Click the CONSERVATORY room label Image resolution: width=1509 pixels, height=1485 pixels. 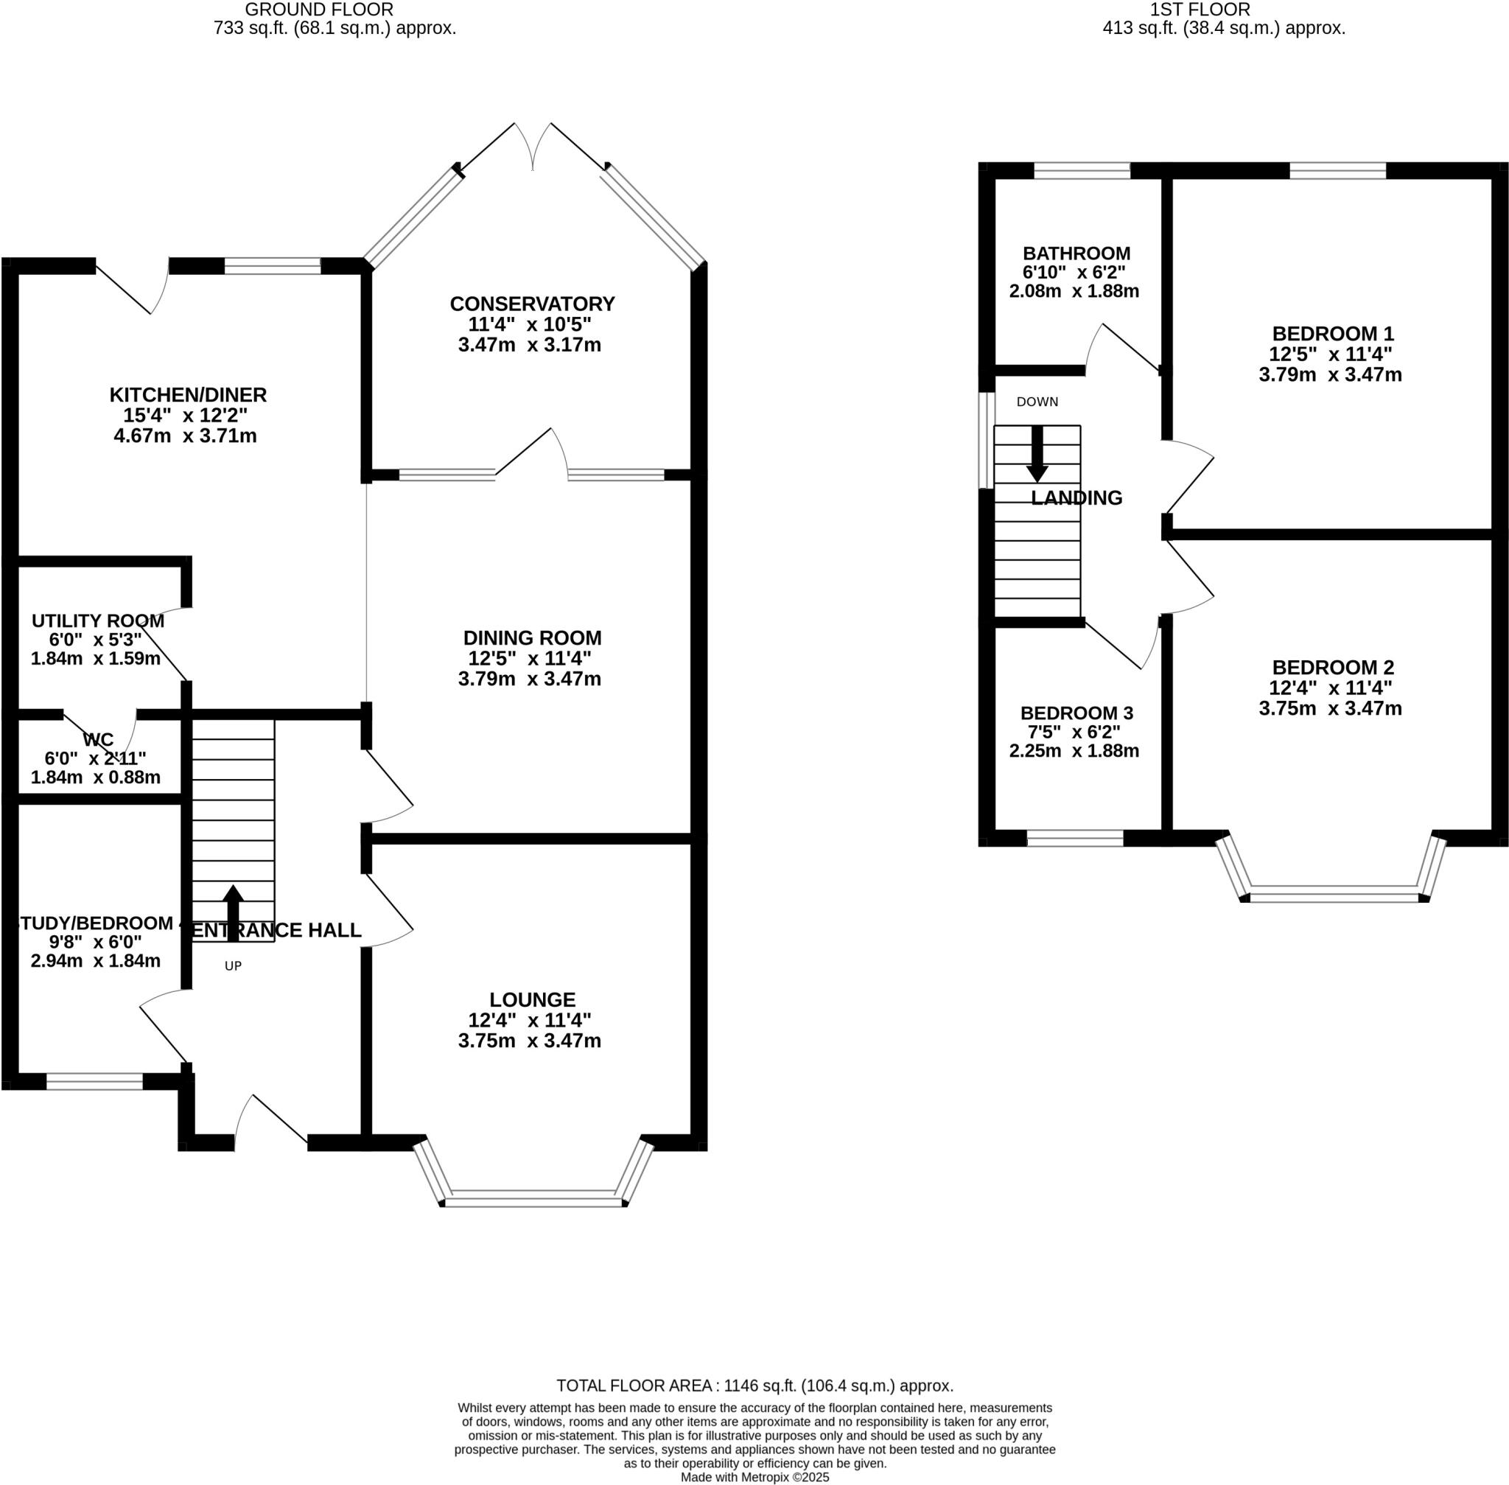(x=532, y=304)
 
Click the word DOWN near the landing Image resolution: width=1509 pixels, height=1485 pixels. (x=1037, y=402)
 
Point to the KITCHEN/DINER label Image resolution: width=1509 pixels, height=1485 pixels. (x=188, y=394)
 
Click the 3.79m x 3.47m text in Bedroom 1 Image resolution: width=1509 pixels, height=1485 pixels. (x=1330, y=374)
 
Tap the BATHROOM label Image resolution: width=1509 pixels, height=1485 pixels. (x=1076, y=254)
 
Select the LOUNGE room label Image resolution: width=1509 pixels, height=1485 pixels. (x=532, y=999)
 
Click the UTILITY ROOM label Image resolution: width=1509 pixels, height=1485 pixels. (x=97, y=621)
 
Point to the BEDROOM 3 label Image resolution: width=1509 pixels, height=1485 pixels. (x=1076, y=713)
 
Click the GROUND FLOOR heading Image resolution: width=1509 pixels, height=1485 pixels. (x=319, y=10)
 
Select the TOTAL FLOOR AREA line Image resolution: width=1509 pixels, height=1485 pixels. (x=754, y=1386)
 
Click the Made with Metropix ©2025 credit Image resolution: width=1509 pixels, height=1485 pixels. (x=754, y=1476)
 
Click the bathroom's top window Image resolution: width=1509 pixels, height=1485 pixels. (x=1082, y=170)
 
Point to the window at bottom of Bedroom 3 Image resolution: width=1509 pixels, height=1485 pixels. (x=1074, y=838)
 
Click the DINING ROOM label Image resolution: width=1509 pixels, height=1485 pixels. (x=532, y=637)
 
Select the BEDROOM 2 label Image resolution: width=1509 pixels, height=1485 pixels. (x=1333, y=667)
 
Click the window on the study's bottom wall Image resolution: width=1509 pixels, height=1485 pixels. (x=94, y=1081)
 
